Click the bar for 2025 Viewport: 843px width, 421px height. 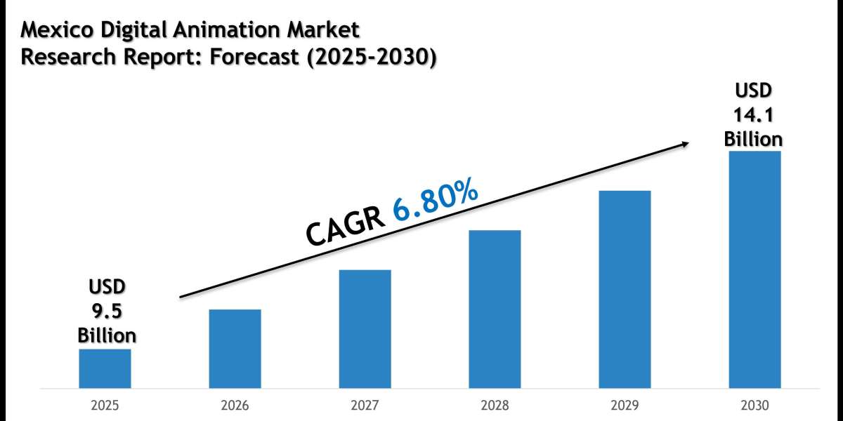click(105, 368)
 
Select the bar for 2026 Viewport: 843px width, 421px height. click(235, 349)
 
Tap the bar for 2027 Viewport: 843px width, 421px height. click(365, 328)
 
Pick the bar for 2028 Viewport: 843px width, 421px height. click(495, 309)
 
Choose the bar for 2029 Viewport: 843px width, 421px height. click(625, 289)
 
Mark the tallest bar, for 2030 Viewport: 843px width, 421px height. click(754, 269)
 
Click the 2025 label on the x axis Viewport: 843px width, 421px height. click(105, 406)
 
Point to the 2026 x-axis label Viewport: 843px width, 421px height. click(235, 406)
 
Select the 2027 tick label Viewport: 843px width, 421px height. click(365, 406)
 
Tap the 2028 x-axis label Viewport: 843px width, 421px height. click(495, 406)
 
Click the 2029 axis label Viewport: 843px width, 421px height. click(625, 406)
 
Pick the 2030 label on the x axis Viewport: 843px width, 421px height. click(754, 406)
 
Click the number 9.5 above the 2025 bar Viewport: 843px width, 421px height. click(106, 310)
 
